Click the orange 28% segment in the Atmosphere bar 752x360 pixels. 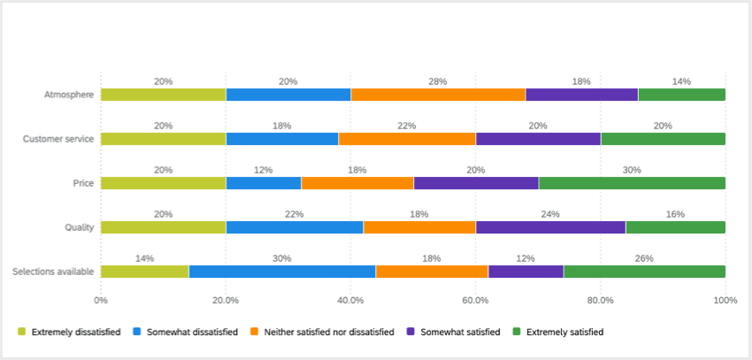tap(438, 95)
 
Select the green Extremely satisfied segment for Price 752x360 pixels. tap(632, 183)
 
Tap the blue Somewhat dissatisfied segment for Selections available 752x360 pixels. tap(281, 272)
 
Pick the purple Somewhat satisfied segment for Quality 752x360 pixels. tap(550, 227)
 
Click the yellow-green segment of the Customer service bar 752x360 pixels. tap(163, 139)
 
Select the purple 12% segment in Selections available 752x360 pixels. tap(526, 272)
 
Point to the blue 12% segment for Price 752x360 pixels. tap(264, 183)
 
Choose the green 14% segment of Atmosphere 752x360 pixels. tap(681, 95)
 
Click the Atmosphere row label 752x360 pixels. tap(69, 95)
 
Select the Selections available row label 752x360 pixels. tap(53, 272)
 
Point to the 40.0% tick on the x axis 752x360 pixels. tap(350, 301)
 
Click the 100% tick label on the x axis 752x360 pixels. tap(725, 301)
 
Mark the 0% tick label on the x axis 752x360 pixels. tap(101, 301)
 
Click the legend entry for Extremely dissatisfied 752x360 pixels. tap(70, 333)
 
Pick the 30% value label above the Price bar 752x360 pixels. tap(632, 170)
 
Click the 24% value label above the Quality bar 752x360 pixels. tap(550, 214)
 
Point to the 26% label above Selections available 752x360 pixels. tap(644, 258)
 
